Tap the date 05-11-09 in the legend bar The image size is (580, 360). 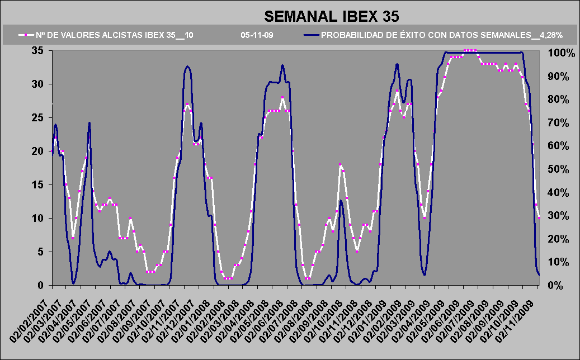257,35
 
